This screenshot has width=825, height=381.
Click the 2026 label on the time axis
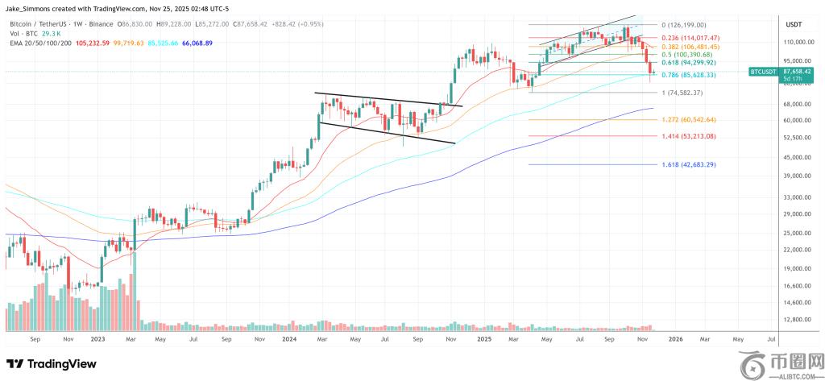pos(675,340)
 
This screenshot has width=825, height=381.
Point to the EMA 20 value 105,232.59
pos(92,43)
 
